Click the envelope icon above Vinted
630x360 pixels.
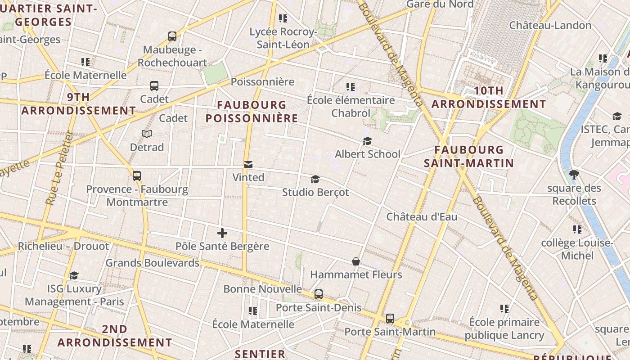click(248, 165)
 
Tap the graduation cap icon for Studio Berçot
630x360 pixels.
click(315, 180)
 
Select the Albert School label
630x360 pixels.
click(367, 154)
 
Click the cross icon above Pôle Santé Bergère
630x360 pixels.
click(222, 233)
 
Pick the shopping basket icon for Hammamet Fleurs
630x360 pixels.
click(355, 261)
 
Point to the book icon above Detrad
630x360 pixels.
click(147, 134)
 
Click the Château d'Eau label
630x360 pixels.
click(422, 217)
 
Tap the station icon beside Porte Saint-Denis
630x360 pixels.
click(319, 295)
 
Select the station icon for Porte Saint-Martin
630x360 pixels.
click(390, 319)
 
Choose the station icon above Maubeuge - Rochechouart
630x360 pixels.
click(172, 36)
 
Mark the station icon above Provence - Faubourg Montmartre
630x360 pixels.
click(137, 176)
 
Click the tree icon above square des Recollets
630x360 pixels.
click(574, 175)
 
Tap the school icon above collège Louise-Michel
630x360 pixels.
click(577, 230)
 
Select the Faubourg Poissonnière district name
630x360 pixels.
click(252, 112)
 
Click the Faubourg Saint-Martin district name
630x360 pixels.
click(469, 156)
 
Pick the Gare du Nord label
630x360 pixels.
click(440, 4)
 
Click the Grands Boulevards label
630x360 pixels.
click(152, 263)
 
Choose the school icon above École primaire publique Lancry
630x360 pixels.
click(504, 309)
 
